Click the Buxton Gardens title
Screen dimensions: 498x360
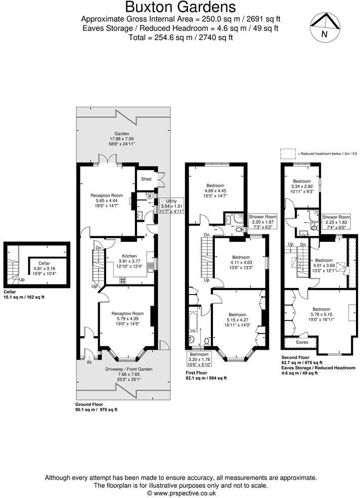click(181, 7)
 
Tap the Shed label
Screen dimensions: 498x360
click(146, 179)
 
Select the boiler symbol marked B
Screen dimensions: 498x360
click(150, 195)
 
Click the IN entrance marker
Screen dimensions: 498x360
click(89, 362)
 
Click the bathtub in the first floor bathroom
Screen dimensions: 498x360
click(194, 322)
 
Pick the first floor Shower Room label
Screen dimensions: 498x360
click(263, 217)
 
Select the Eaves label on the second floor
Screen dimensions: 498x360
click(302, 343)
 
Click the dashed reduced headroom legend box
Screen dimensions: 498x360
click(288, 152)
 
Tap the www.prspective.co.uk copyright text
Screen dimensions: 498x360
click(181, 492)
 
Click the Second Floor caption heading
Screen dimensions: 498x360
click(297, 358)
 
